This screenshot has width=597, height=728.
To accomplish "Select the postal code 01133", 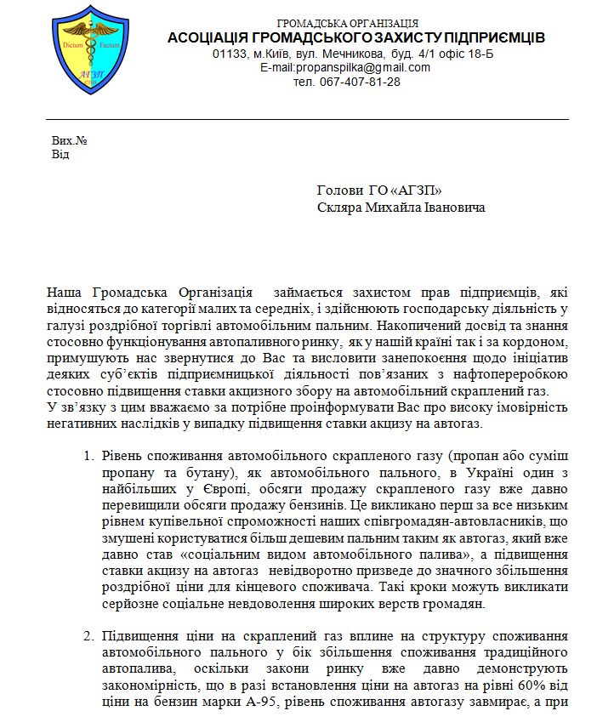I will (x=230, y=54).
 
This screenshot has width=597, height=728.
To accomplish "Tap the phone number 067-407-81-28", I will (x=359, y=82).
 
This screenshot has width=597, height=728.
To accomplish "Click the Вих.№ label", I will (x=69, y=140).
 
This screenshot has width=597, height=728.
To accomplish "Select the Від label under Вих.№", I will (x=60, y=154).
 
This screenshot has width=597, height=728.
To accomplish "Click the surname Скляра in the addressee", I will (x=338, y=208).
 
